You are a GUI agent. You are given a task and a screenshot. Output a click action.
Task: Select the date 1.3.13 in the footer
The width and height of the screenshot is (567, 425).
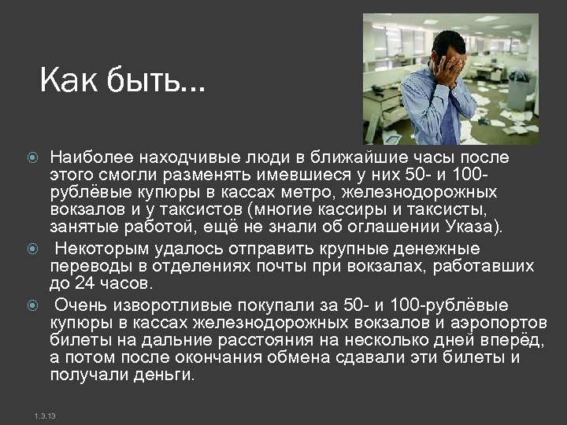pyautogui.click(x=45, y=415)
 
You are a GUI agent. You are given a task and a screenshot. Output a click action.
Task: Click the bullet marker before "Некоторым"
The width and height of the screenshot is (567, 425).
pyautogui.click(x=32, y=249)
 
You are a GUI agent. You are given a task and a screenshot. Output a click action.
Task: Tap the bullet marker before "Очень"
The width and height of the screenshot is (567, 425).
pyautogui.click(x=32, y=305)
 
